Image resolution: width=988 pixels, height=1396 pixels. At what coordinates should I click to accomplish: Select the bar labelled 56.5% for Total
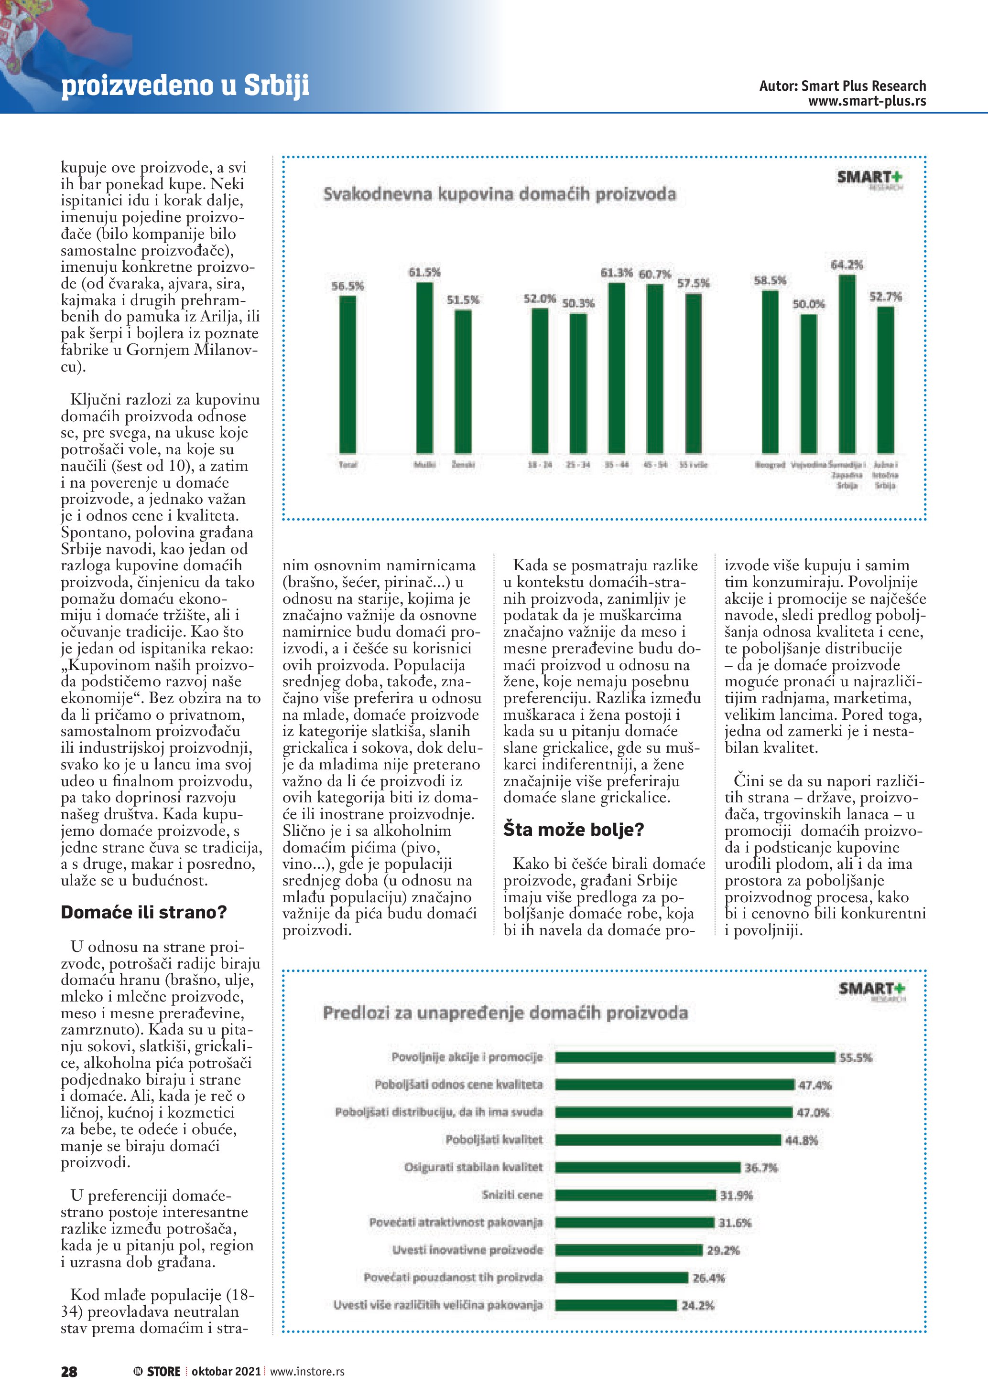click(x=347, y=374)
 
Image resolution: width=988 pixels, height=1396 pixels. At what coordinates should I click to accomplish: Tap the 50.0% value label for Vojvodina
click(x=809, y=304)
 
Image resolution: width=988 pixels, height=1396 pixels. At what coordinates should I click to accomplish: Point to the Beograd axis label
click(x=770, y=465)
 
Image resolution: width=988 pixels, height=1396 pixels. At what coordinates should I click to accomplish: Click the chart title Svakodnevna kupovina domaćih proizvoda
click(x=499, y=194)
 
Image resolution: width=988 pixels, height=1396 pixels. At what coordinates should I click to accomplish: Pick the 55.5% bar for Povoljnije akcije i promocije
click(x=695, y=1057)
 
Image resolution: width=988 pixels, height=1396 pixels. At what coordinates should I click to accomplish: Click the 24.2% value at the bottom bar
click(x=698, y=1305)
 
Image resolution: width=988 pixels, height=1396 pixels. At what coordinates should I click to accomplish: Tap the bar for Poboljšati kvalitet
click(x=667, y=1140)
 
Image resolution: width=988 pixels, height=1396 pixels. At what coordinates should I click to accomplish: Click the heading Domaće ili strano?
click(x=143, y=912)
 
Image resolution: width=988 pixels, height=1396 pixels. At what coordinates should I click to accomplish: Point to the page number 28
click(x=69, y=1372)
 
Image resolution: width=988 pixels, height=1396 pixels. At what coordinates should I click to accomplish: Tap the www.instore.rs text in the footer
click(x=307, y=1372)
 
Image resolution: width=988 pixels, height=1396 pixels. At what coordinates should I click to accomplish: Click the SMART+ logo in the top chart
click(x=870, y=178)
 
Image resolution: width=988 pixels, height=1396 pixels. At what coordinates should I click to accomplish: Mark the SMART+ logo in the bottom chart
click(x=872, y=989)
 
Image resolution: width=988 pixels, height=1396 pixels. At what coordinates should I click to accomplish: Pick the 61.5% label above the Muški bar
click(x=424, y=272)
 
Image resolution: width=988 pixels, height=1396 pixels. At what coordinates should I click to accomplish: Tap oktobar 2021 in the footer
click(x=226, y=1372)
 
